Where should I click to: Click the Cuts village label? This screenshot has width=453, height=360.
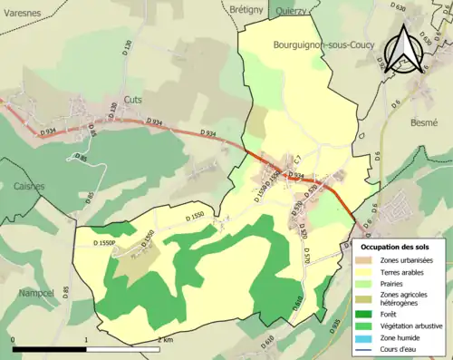coord(132,101)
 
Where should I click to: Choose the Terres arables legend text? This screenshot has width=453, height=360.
coord(405,271)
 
